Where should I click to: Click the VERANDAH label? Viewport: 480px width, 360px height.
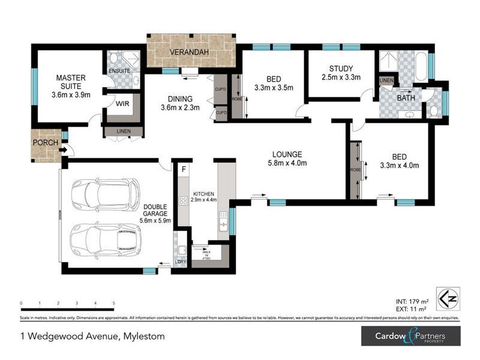pyautogui.click(x=189, y=53)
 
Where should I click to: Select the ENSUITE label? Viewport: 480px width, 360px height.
pyautogui.click(x=119, y=71)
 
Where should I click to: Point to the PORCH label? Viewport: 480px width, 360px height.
pyautogui.click(x=46, y=143)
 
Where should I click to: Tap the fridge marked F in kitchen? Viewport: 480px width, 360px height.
pyautogui.click(x=184, y=169)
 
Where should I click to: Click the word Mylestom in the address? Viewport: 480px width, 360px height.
pyautogui.click(x=142, y=336)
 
